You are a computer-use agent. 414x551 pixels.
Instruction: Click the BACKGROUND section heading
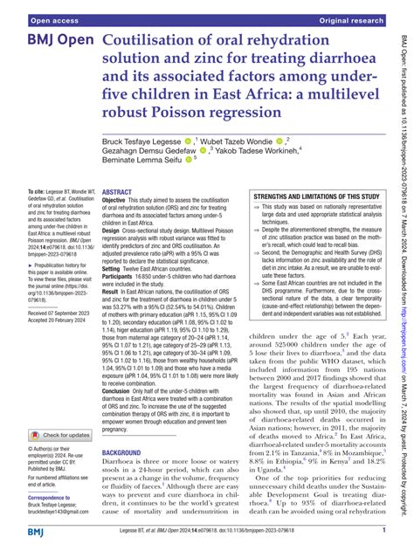[x=126, y=479]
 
